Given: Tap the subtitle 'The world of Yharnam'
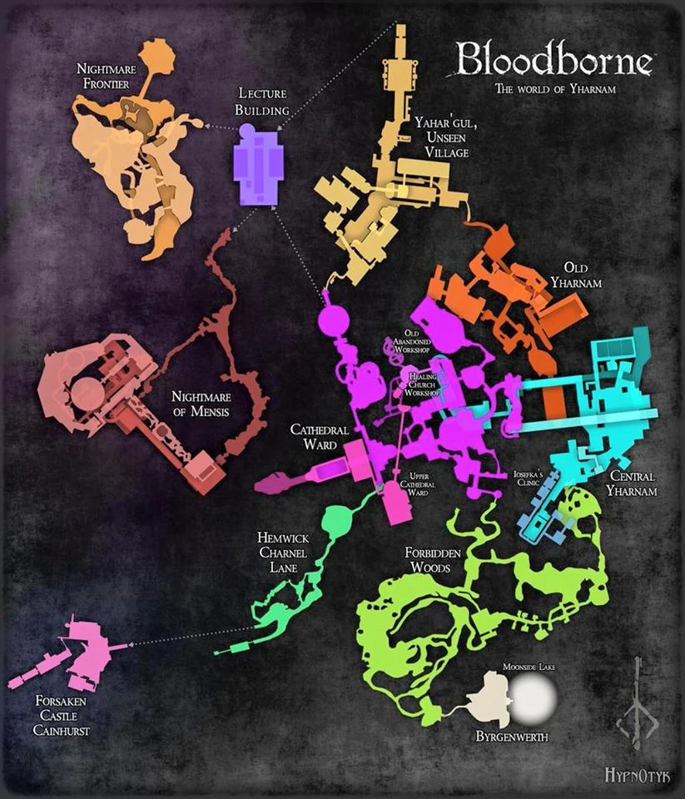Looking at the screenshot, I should pyautogui.click(x=555, y=89).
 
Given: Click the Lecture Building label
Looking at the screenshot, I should pyautogui.click(x=261, y=102).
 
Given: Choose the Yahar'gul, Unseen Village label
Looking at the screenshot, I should pyautogui.click(x=442, y=136).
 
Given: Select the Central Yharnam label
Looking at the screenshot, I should pyautogui.click(x=632, y=484).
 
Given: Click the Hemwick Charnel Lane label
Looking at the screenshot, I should pyautogui.click(x=283, y=551).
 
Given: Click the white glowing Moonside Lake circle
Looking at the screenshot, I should pyautogui.click(x=531, y=697).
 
